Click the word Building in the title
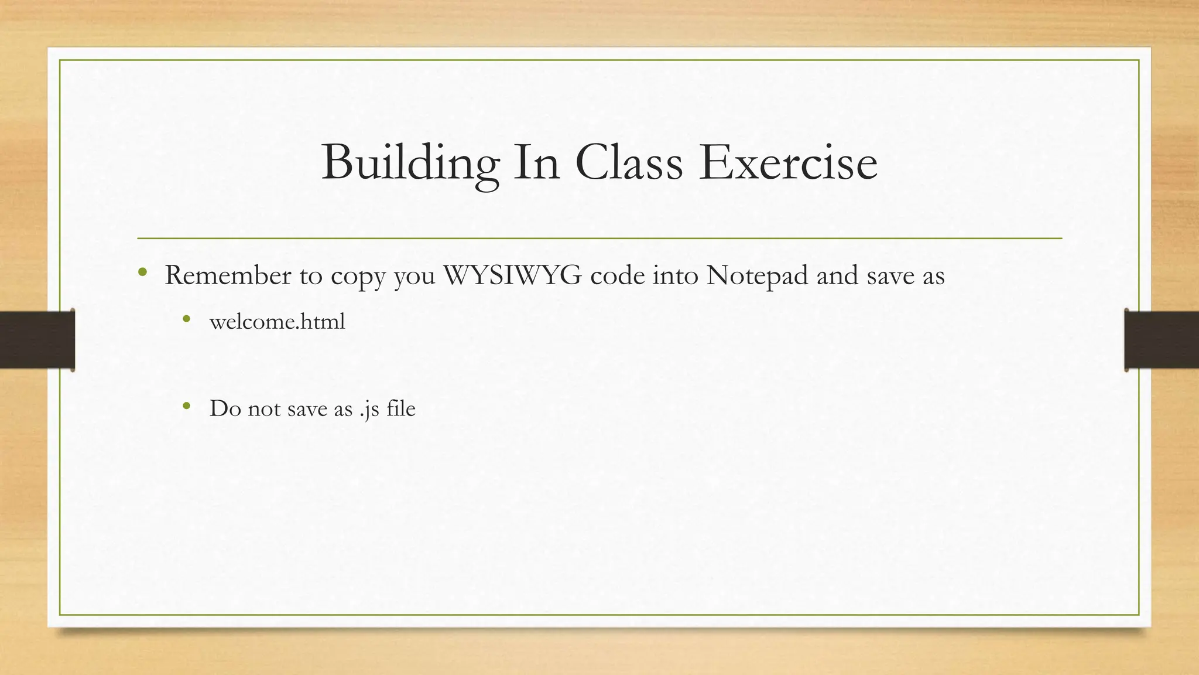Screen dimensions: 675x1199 [x=410, y=162]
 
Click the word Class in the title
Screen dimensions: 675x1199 [x=629, y=162]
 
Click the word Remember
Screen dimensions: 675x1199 [x=228, y=275]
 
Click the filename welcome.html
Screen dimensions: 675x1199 [x=277, y=322]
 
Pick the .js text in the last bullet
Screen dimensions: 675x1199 [x=369, y=409]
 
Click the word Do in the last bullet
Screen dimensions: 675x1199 [x=224, y=408]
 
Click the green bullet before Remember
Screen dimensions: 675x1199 [x=142, y=272]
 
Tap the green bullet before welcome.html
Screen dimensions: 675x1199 [x=186, y=319]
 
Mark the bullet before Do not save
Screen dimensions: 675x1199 [x=186, y=406]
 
